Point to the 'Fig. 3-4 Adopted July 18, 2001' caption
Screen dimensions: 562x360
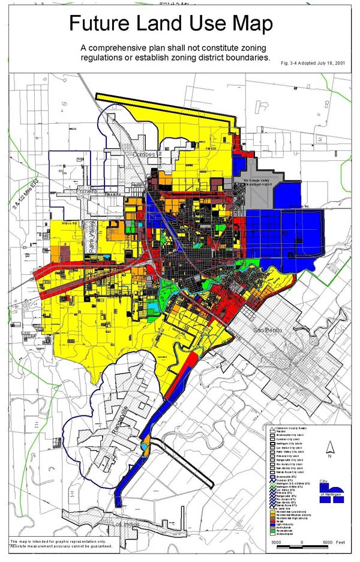314,62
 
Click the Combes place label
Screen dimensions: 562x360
144,154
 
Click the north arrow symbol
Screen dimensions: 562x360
328,448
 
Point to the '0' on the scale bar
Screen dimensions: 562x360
302,542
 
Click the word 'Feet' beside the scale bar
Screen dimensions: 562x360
340,542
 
